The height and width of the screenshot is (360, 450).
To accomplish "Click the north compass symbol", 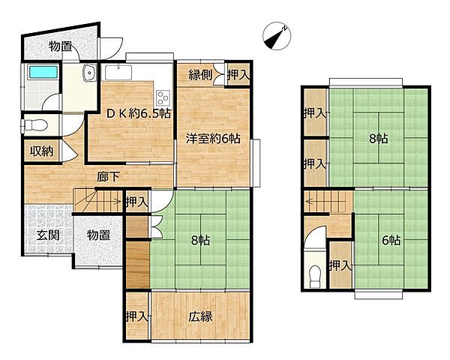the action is [277, 36].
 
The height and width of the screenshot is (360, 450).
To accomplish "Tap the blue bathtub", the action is [43, 72].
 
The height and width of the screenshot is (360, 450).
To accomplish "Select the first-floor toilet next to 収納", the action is [34, 125].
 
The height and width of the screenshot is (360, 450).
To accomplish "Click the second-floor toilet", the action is [315, 276].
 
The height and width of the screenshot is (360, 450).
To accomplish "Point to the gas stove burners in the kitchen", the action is [163, 97].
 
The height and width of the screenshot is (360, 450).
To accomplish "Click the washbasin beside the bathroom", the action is [90, 73].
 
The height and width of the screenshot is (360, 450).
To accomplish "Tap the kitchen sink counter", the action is [118, 73].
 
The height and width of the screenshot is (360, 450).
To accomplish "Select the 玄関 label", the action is [48, 235].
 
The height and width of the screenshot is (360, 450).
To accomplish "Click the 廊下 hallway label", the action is [107, 177].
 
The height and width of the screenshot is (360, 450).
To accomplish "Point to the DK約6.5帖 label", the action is [139, 114].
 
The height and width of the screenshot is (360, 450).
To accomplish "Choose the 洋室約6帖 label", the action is [213, 139].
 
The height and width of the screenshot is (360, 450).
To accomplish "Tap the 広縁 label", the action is [200, 316].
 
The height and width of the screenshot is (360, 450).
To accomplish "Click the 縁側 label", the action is [200, 75].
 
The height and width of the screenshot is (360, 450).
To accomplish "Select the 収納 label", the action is [42, 151].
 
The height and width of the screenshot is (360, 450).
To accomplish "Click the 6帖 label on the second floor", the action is [391, 240].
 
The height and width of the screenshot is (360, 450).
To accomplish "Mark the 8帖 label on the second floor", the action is [379, 139].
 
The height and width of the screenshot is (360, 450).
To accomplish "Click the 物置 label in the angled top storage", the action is [60, 46].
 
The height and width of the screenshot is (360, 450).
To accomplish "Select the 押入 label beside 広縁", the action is [137, 316].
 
